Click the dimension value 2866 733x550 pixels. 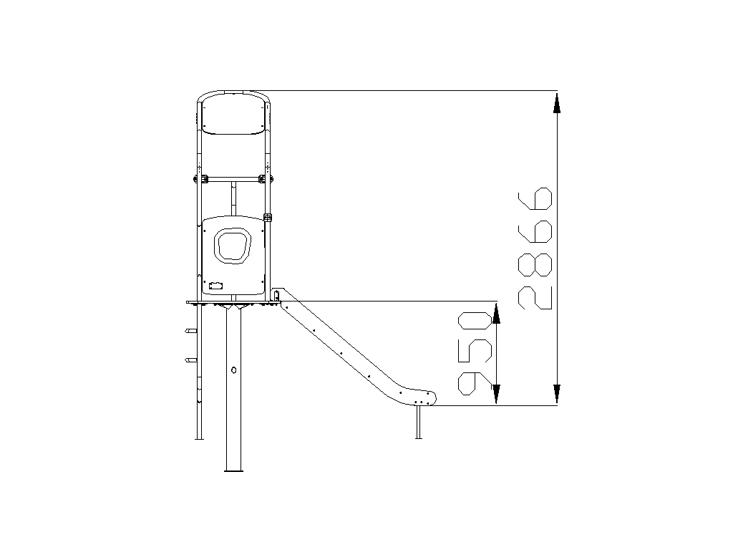(x=535, y=249)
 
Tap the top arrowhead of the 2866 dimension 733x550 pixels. (x=556, y=103)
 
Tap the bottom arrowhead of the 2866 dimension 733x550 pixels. (x=556, y=394)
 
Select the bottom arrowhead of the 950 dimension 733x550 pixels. (x=497, y=394)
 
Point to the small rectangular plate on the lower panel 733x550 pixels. (x=216, y=286)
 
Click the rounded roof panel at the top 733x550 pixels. (x=234, y=114)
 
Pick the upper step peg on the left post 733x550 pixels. (x=190, y=331)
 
